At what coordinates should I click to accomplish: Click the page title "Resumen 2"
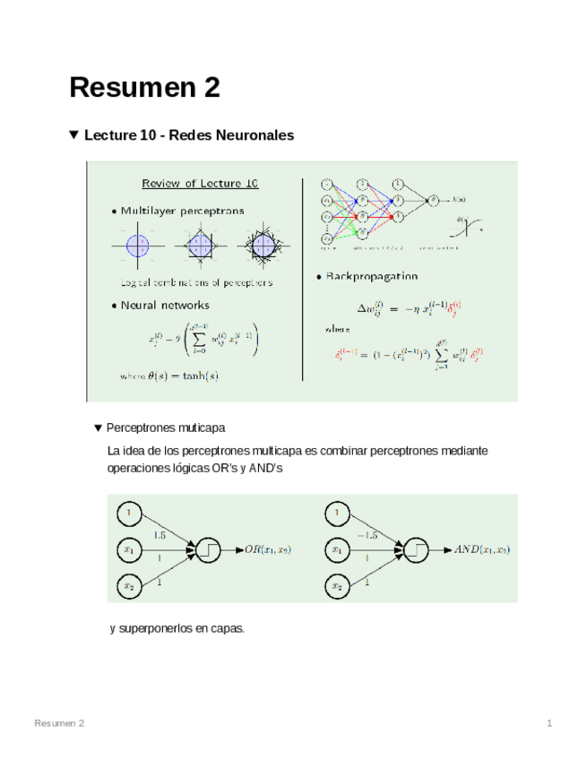tap(144, 88)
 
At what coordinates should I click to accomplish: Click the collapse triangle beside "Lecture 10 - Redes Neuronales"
tap(74, 135)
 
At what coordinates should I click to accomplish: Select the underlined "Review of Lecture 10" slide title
tap(200, 184)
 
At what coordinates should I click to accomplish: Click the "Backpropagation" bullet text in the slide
tap(370, 277)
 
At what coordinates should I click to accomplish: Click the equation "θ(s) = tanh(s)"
tap(184, 376)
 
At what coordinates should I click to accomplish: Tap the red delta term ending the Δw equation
tap(455, 307)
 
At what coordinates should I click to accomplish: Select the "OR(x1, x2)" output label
tap(269, 548)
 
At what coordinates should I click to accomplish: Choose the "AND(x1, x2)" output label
tap(481, 548)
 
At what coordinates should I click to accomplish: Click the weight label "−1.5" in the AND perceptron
tap(366, 534)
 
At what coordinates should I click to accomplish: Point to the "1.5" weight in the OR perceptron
tap(159, 535)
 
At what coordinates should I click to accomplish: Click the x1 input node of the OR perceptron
tap(129, 549)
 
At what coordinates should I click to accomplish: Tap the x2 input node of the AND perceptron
tap(337, 586)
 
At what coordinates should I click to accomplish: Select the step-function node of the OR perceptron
tap(209, 548)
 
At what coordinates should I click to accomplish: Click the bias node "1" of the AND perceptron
tap(337, 513)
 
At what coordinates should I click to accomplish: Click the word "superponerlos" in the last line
tap(153, 628)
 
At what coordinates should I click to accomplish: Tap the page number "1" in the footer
tap(549, 723)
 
